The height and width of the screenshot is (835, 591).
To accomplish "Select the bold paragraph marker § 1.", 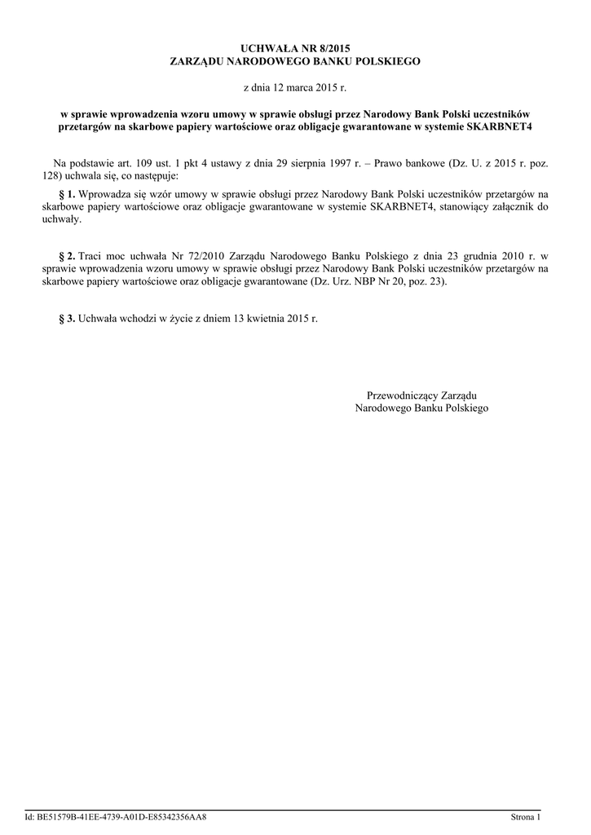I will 68,195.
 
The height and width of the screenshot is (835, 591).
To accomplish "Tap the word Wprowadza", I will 106,195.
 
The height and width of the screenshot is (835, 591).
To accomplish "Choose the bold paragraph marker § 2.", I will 68,257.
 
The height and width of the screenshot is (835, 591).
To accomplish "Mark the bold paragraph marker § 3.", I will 68,318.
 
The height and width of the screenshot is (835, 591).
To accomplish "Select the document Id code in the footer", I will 116,816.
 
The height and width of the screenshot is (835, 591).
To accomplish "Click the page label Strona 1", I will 526,816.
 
